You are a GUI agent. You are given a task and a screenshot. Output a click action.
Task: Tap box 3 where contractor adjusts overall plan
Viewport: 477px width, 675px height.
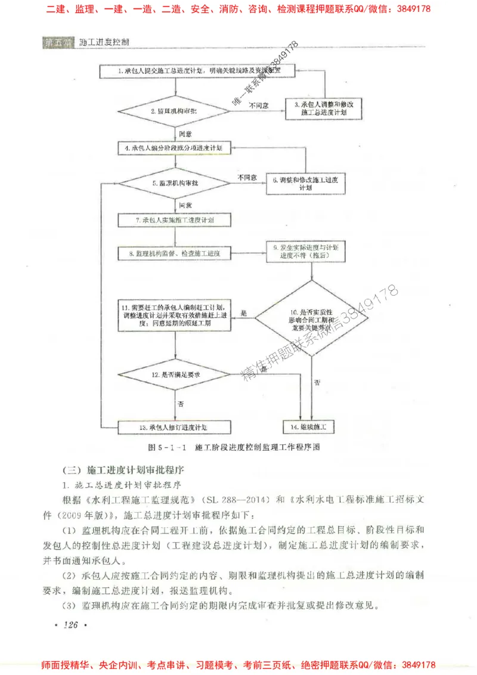[324, 108]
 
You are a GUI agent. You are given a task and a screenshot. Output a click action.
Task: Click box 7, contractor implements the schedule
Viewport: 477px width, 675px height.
[175, 220]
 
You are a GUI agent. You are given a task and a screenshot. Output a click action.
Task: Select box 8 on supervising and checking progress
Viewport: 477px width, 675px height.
[175, 254]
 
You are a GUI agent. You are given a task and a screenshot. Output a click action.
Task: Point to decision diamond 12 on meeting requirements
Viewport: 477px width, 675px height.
[175, 375]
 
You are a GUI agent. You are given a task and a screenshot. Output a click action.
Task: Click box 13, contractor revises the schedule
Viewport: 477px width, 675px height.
[175, 428]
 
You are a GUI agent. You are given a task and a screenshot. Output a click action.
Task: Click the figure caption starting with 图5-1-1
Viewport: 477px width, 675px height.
[237, 447]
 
